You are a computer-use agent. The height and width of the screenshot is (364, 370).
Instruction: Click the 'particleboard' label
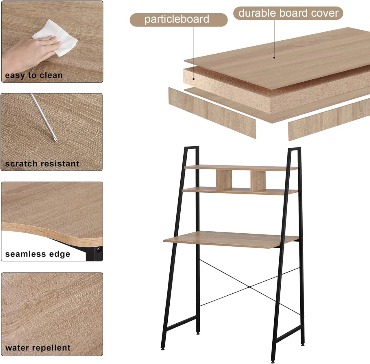coord(177,19)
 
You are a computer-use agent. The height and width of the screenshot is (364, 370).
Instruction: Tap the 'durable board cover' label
coord(288,13)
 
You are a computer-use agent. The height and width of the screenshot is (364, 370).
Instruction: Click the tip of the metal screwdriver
coord(56,141)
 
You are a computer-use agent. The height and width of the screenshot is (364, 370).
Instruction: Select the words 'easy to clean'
coord(34,75)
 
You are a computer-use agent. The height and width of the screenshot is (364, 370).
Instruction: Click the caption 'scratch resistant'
coord(42,164)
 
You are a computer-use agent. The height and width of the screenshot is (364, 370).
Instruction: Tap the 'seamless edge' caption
coord(38,254)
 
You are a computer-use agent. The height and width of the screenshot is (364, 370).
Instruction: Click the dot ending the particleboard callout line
coord(194,79)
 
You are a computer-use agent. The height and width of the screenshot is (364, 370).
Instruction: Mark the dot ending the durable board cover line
coord(274,57)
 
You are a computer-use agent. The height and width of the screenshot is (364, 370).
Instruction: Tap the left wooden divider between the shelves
coord(224,180)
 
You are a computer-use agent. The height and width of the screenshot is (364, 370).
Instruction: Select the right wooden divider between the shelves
coord(258,181)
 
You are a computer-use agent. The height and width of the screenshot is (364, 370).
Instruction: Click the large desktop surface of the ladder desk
coord(230,239)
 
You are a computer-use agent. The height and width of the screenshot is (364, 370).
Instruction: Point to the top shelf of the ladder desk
coord(241,168)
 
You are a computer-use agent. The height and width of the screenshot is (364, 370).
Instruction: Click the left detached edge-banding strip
coord(212,113)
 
